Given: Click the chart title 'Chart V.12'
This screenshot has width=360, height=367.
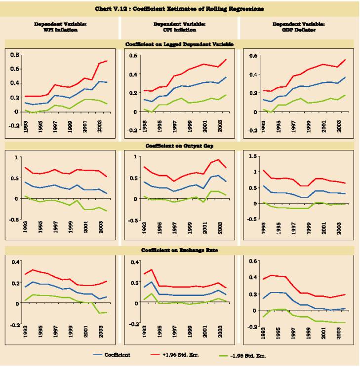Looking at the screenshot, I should [179, 8].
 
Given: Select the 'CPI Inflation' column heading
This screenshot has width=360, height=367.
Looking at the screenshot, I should [179, 27].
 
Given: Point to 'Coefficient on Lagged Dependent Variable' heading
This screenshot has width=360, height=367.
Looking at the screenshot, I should [179, 44].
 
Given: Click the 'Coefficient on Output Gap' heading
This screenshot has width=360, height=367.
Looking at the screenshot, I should [179, 146].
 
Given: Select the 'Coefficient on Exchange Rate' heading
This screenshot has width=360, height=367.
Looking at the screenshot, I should [179, 250].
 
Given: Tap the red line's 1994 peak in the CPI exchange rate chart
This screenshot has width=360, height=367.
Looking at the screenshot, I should [151, 270].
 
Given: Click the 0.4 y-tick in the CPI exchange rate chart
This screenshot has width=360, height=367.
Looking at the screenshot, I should [133, 261].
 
